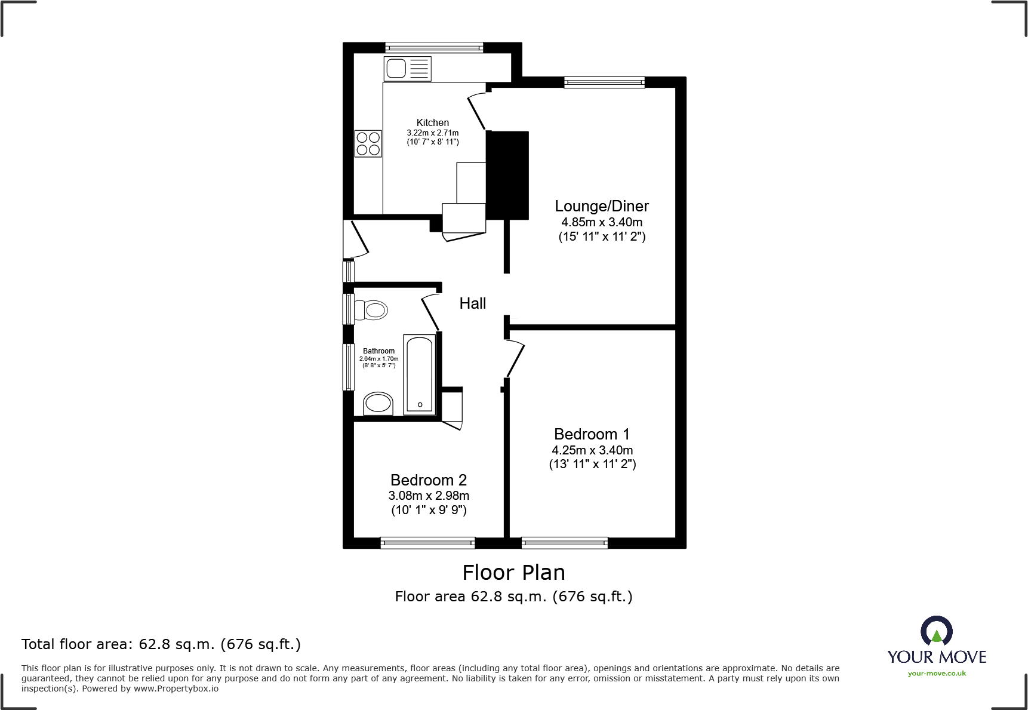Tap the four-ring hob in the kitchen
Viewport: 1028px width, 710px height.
click(x=368, y=143)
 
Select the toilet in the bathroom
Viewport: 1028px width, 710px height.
click(x=371, y=311)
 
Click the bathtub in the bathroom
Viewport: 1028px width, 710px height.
click(x=420, y=374)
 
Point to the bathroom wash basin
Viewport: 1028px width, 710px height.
click(x=378, y=403)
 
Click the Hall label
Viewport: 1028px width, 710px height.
click(x=472, y=303)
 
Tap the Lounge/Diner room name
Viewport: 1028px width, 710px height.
click(x=601, y=206)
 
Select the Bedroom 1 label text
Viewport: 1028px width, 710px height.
click(x=591, y=434)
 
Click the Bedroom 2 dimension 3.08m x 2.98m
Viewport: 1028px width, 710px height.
click(x=429, y=496)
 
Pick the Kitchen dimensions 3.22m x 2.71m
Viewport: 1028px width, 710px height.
click(x=433, y=133)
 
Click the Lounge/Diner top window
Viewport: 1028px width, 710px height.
click(x=604, y=82)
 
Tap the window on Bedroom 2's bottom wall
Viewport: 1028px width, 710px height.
click(x=427, y=543)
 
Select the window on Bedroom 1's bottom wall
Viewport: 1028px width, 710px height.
click(x=564, y=543)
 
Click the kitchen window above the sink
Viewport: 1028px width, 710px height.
click(x=434, y=47)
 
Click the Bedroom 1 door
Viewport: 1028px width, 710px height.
click(x=515, y=359)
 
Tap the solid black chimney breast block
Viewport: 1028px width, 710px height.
click(x=507, y=175)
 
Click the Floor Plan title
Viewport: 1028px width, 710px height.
click(x=513, y=573)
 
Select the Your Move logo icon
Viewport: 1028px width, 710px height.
click(x=936, y=632)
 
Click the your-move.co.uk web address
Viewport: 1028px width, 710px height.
click(x=936, y=674)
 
